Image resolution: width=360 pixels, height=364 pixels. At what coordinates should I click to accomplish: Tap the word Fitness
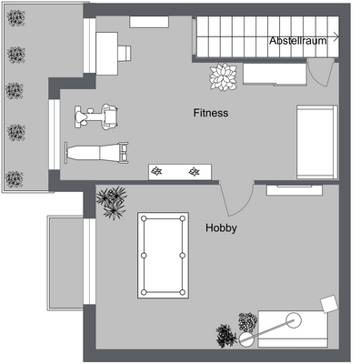point(210,114)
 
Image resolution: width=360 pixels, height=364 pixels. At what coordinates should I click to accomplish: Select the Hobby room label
point(221,228)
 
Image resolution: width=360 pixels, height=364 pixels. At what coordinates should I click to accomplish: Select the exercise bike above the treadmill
point(96,116)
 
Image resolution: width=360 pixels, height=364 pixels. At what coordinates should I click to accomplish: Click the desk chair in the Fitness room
point(122,51)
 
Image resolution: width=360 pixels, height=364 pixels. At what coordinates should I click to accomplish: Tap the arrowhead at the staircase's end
point(337,37)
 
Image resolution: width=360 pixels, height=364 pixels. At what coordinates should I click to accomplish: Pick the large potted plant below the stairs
point(222,77)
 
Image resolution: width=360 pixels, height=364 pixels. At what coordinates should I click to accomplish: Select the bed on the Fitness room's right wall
point(316,141)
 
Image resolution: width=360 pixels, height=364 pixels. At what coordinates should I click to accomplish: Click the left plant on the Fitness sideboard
point(158,171)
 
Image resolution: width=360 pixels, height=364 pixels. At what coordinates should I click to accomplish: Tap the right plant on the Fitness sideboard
point(194,171)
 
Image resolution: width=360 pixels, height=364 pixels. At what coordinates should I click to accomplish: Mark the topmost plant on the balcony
point(15,26)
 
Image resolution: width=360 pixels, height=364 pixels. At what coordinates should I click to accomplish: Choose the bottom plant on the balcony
point(15,177)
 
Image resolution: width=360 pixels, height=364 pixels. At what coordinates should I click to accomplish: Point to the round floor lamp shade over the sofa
point(293,319)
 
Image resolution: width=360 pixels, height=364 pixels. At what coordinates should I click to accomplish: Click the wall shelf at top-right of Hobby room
point(293,189)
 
